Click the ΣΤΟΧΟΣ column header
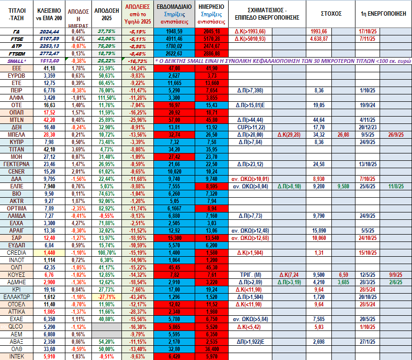pos(331,13)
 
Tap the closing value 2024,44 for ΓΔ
pos(49,31)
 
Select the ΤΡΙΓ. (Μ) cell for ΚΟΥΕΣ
pos(250,274)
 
